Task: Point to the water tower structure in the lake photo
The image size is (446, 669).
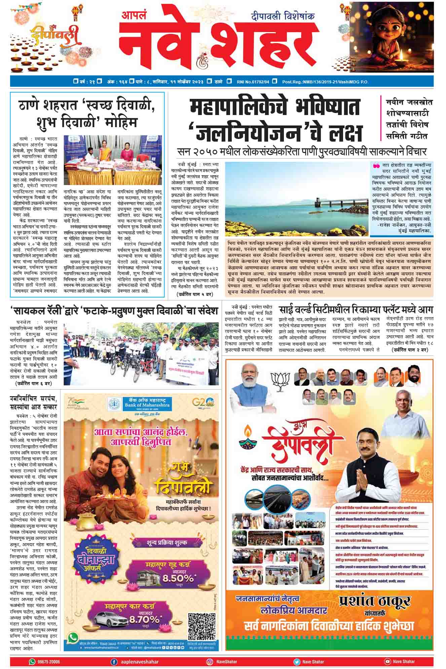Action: (x=318, y=202)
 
